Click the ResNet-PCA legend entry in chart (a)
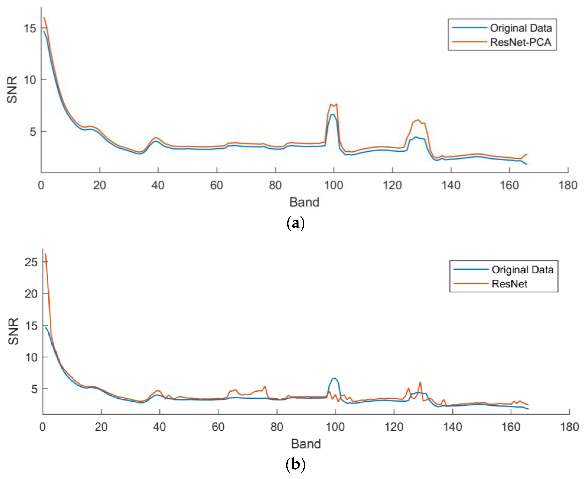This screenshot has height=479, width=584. point(520,42)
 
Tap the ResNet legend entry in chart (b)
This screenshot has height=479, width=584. point(509,284)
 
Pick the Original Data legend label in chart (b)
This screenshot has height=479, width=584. point(522,270)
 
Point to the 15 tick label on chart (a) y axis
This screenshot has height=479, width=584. point(30,28)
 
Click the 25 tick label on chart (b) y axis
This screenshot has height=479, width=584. point(31,262)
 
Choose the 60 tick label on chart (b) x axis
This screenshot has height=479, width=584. point(218,427)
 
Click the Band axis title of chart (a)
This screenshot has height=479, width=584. point(304,202)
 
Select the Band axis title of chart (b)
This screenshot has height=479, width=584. point(306,444)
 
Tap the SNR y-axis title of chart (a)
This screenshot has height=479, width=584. point(12,90)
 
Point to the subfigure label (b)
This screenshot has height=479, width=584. point(296,465)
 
